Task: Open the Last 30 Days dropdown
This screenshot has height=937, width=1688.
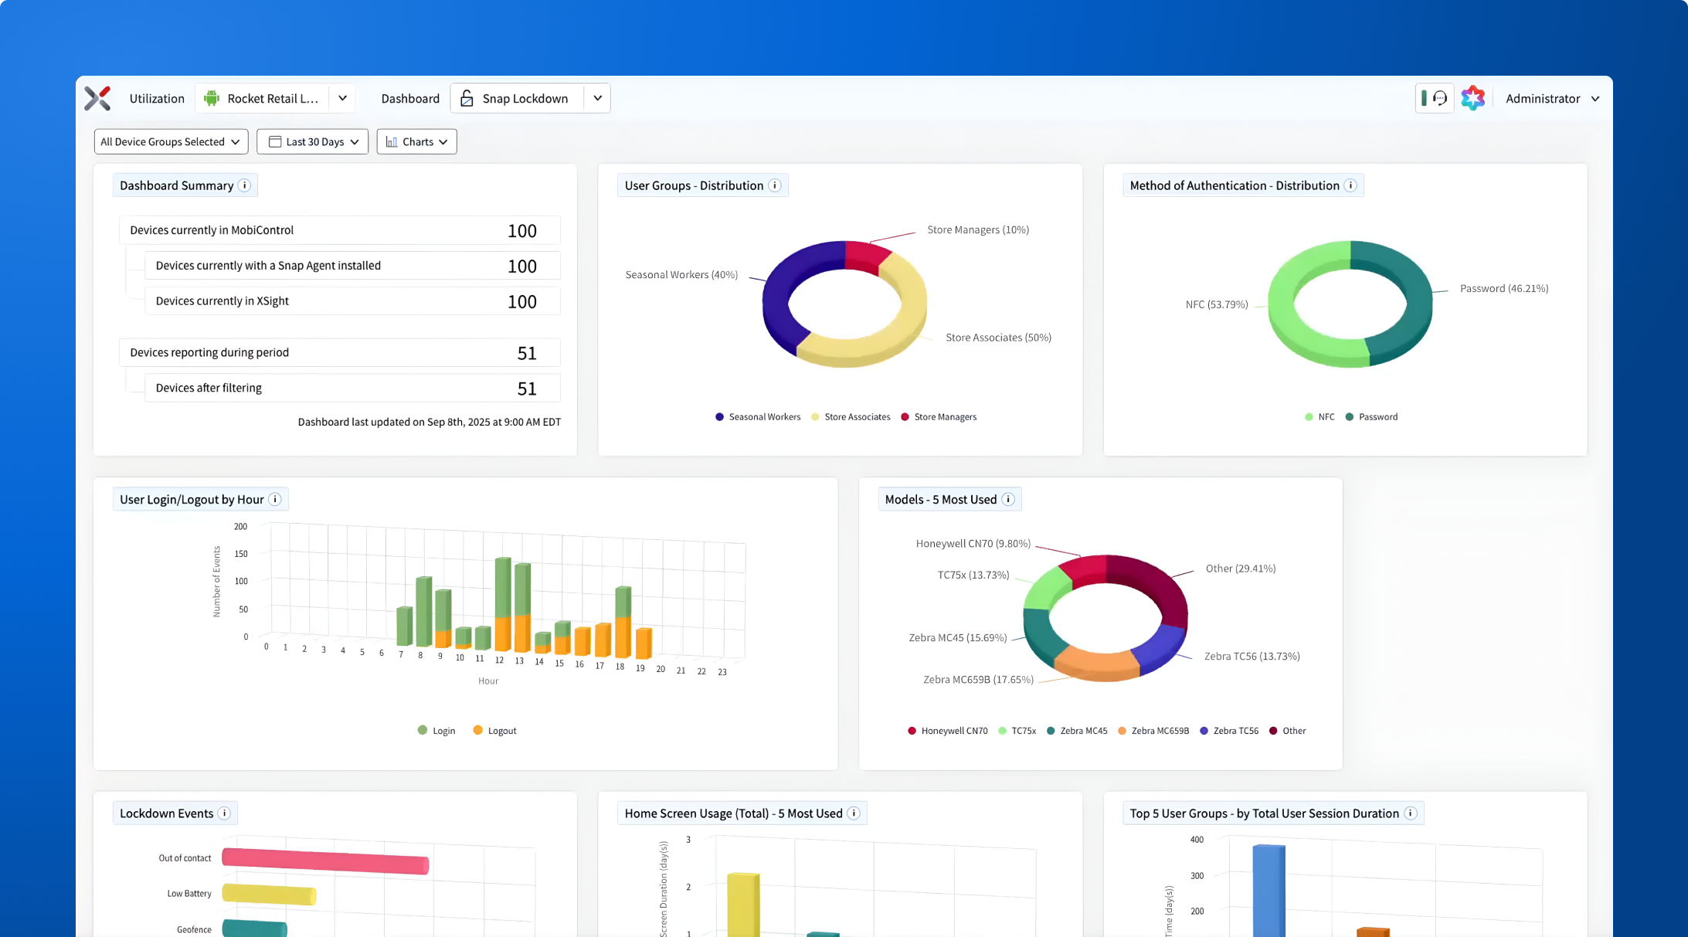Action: click(x=312, y=141)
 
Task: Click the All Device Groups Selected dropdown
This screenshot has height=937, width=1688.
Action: click(x=171, y=141)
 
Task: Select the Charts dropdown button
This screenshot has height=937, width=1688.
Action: click(x=416, y=141)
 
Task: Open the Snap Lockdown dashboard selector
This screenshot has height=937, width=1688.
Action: click(x=530, y=98)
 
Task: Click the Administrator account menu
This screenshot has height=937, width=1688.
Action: click(x=1551, y=98)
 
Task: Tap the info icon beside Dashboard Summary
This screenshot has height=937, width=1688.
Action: click(x=244, y=185)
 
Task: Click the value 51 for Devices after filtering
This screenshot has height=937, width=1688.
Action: click(x=527, y=389)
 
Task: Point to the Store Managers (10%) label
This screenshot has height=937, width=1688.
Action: click(x=977, y=229)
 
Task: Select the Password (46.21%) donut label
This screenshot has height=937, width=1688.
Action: click(x=1503, y=288)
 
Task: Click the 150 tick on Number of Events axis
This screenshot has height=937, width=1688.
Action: click(x=241, y=554)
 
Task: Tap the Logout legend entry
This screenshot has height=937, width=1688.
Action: click(x=495, y=731)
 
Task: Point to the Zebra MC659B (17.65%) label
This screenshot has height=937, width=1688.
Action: click(x=977, y=680)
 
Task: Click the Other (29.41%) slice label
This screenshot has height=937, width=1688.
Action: click(x=1240, y=569)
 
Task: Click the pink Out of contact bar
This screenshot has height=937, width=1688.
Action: click(x=324, y=861)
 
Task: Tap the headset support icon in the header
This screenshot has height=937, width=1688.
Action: click(x=1439, y=98)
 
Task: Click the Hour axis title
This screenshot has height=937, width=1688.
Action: click(x=488, y=681)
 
